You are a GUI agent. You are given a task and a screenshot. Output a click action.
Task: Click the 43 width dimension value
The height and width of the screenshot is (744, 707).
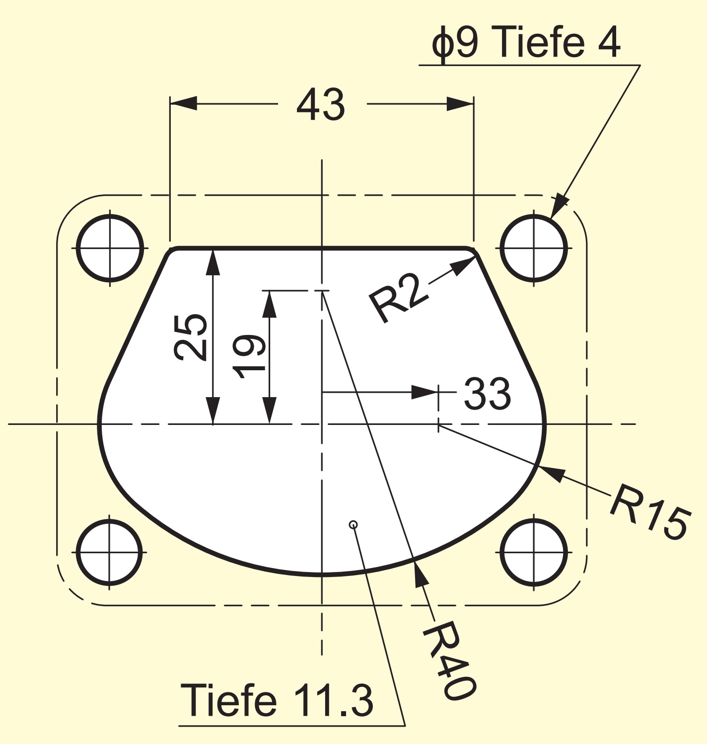321,104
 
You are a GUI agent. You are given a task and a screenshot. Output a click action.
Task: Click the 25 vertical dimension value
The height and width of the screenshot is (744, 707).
190,337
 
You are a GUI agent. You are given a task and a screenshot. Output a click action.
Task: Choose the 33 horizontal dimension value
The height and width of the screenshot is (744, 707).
487,393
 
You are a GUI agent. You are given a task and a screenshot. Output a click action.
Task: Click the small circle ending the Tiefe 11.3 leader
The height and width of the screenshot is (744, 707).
353,524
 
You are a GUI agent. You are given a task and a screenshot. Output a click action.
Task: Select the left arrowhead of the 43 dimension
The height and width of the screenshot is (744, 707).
184,103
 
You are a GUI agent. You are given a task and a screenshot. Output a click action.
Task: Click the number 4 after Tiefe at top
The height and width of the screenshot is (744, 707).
607,42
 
